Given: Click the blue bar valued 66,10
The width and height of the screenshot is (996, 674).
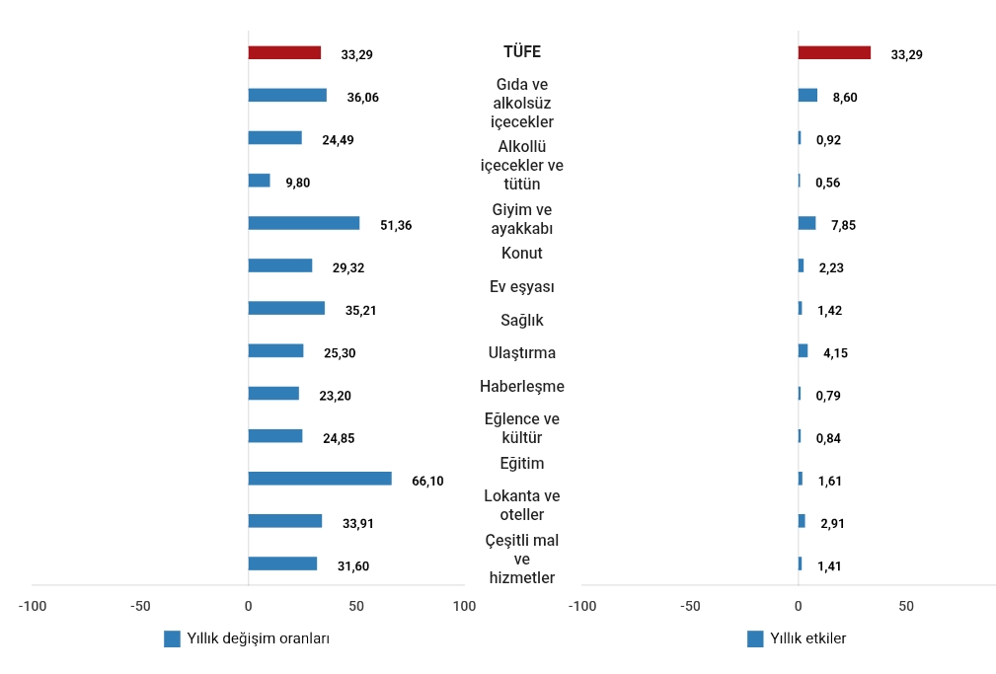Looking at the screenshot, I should pyautogui.click(x=319, y=479).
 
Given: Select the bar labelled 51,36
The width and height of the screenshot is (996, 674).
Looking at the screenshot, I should pyautogui.click(x=303, y=223).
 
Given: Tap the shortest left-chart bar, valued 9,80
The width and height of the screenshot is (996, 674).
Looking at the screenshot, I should pyautogui.click(x=259, y=181).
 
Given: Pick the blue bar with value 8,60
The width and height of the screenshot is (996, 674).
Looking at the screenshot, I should pyautogui.click(x=807, y=96).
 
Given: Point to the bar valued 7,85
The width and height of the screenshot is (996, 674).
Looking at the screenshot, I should pyautogui.click(x=806, y=223).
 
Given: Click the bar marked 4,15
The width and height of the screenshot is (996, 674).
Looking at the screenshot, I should pyautogui.click(x=803, y=350).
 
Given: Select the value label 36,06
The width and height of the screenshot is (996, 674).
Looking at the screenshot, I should pyautogui.click(x=362, y=97).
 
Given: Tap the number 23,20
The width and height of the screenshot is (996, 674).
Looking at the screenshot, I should pyautogui.click(x=335, y=396).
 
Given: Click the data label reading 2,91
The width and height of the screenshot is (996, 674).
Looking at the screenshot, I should pyautogui.click(x=832, y=523).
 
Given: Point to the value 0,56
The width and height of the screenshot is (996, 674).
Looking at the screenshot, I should pyautogui.click(x=827, y=183).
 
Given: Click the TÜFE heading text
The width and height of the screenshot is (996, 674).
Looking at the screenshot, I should pyautogui.click(x=522, y=52).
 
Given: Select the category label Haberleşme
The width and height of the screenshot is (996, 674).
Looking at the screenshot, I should pyautogui.click(x=522, y=386).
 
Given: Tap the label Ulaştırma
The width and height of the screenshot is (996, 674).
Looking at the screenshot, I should pyautogui.click(x=522, y=352).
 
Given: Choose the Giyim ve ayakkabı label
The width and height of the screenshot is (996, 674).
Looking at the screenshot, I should pyautogui.click(x=522, y=219).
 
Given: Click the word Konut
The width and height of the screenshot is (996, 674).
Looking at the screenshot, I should pyautogui.click(x=522, y=253).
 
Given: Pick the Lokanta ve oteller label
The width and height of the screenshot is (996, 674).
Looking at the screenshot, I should pyautogui.click(x=522, y=504).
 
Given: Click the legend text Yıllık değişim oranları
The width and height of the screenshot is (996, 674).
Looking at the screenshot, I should pyautogui.click(x=259, y=638).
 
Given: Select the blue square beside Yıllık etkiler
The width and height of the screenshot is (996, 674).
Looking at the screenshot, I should pyautogui.click(x=755, y=638).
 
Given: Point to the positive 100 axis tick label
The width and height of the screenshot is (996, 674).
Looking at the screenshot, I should pyautogui.click(x=464, y=605).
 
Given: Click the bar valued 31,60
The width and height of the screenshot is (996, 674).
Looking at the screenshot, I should pyautogui.click(x=282, y=563).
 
